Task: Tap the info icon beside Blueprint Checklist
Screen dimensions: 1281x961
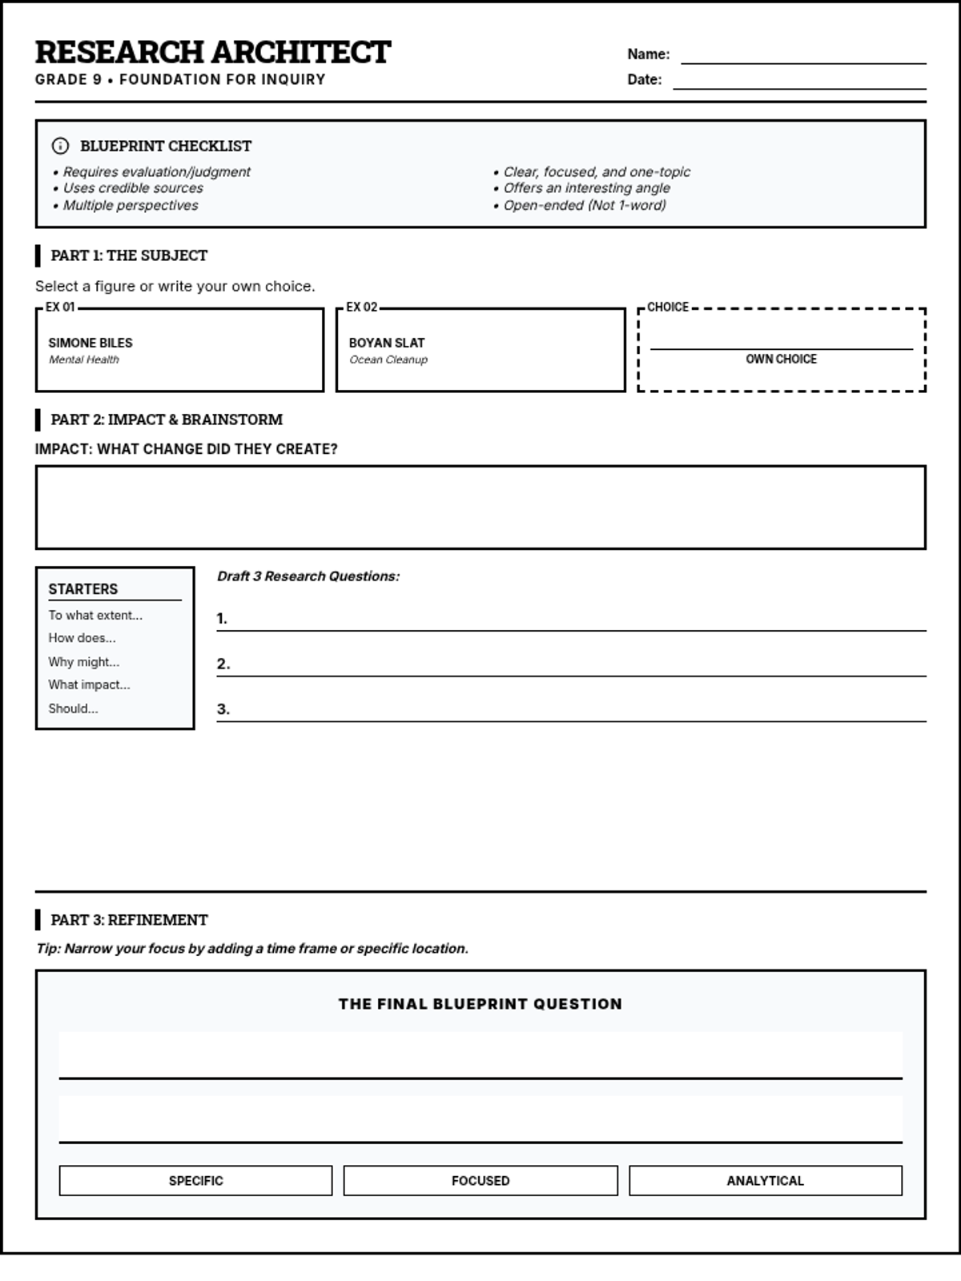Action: pos(60,146)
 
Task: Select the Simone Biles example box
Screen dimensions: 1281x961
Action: pos(179,350)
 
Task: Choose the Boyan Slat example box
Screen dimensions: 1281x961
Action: pos(480,350)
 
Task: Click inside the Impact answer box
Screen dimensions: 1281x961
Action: pos(480,508)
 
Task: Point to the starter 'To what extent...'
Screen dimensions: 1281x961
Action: pos(95,616)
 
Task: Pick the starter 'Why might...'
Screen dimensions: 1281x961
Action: pos(84,662)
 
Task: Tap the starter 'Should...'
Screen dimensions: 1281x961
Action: pos(73,709)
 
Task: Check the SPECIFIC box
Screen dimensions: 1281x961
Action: pos(195,1181)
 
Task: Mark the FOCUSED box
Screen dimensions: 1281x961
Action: pos(480,1181)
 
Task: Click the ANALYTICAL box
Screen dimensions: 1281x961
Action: pos(765,1181)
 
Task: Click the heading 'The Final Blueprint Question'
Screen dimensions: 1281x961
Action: pos(480,1004)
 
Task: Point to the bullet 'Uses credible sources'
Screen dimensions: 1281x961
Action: pos(133,188)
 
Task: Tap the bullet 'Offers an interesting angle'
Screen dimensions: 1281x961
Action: pos(586,188)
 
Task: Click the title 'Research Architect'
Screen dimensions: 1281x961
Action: pos(213,52)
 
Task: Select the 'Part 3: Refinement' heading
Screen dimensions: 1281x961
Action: pos(129,920)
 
